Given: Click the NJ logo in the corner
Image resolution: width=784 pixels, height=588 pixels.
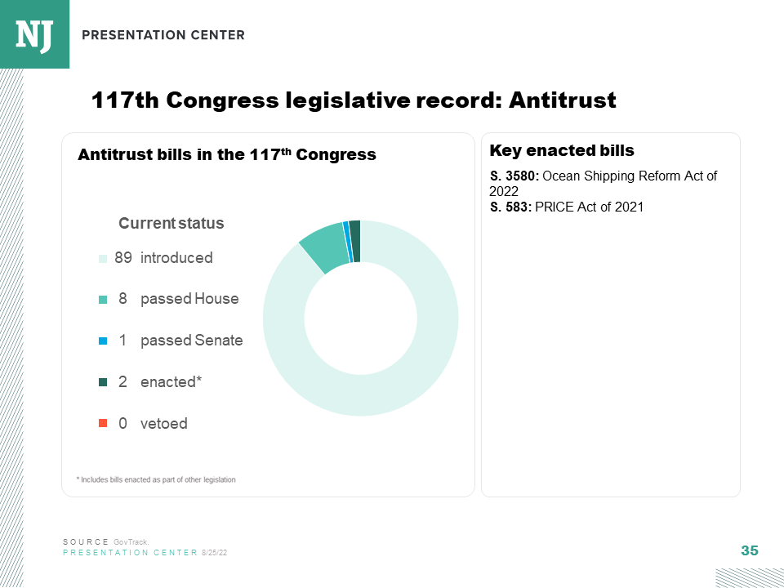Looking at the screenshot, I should click(34, 33).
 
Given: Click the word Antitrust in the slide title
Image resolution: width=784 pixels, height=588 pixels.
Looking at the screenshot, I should click(562, 100).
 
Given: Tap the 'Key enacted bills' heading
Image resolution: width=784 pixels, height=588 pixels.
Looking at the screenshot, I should click(562, 150).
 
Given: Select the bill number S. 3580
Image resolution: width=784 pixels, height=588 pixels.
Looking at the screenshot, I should click(514, 176).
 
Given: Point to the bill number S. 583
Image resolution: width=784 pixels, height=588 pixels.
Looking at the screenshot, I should click(510, 207).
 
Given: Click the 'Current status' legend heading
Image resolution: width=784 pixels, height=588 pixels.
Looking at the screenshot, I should click(171, 223).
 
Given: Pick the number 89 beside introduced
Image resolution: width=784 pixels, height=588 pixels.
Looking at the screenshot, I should click(123, 258).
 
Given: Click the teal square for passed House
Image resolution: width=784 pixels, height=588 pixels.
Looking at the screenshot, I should click(103, 300).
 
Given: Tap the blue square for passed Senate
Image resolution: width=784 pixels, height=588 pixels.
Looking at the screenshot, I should click(103, 341).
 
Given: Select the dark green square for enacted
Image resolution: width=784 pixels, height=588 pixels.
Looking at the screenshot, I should click(103, 382).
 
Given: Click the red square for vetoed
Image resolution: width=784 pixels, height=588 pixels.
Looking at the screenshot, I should click(103, 423).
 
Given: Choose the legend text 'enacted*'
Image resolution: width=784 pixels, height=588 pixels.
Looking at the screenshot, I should click(171, 381).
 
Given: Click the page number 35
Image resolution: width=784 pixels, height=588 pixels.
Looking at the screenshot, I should click(749, 550).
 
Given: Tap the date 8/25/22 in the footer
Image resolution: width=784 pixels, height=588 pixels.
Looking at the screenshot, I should click(214, 553).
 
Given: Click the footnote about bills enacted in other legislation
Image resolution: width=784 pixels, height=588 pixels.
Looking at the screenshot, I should click(156, 479).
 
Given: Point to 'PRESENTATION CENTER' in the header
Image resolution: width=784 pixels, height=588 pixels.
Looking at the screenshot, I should click(163, 35).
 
